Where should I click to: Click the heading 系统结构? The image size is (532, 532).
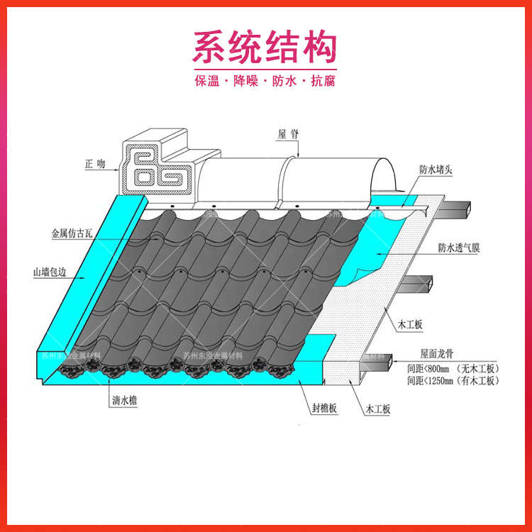265,48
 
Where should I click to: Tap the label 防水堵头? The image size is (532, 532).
437,170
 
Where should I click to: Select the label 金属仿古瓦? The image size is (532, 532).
72,233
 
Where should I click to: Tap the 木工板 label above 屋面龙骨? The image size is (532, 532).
409,325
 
